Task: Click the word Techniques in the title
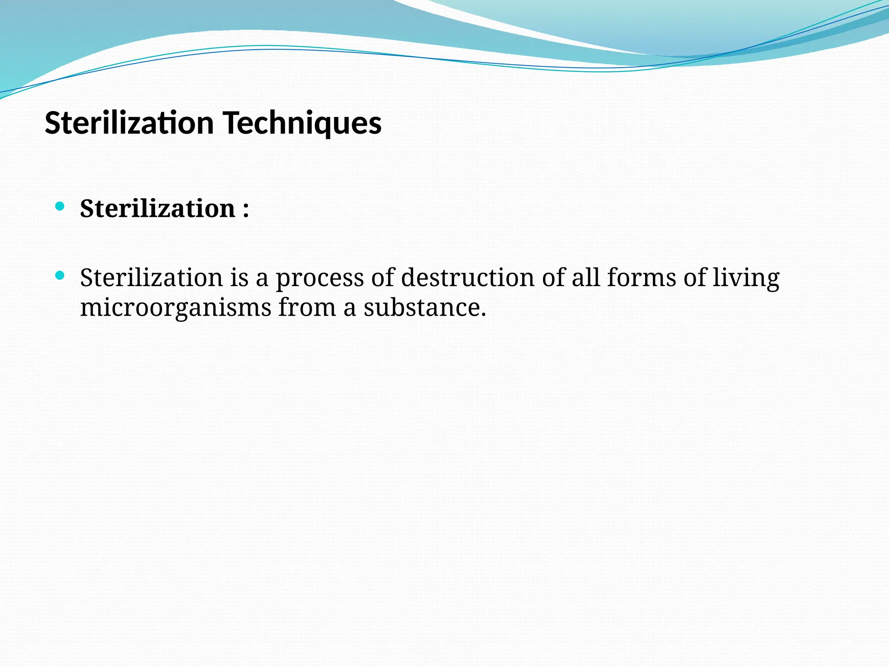click(302, 123)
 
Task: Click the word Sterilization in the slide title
click(129, 123)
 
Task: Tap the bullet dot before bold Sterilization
click(60, 206)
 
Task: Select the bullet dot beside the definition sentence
click(60, 275)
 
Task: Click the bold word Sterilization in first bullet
click(158, 209)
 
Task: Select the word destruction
click(468, 277)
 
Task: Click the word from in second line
click(307, 307)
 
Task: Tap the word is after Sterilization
click(239, 277)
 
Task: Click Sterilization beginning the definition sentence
click(151, 277)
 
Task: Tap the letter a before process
click(262, 280)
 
